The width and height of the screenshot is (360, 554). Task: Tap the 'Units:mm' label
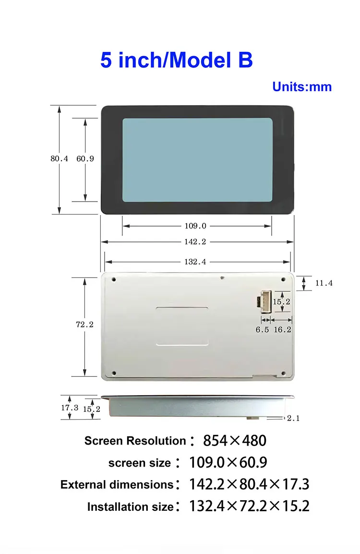pyautogui.click(x=302, y=87)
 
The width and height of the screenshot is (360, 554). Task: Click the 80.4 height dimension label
pyautogui.click(x=59, y=158)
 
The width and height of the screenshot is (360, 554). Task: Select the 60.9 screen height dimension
pyautogui.click(x=85, y=158)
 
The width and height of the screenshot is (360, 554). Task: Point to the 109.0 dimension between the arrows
pyautogui.click(x=195, y=226)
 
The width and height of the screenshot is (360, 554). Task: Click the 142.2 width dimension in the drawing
pyautogui.click(x=195, y=241)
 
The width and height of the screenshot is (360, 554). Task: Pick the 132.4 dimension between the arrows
pyautogui.click(x=195, y=262)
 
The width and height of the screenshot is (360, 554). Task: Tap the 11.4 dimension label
pyautogui.click(x=324, y=283)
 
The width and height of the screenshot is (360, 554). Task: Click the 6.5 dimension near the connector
pyautogui.click(x=262, y=330)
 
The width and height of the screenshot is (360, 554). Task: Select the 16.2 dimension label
pyautogui.click(x=283, y=330)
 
